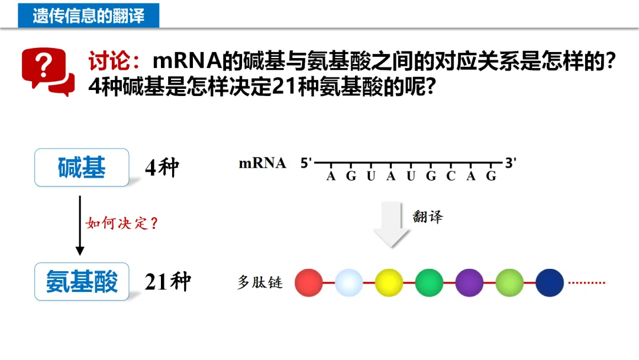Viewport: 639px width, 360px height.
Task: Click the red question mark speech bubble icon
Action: click(47, 72)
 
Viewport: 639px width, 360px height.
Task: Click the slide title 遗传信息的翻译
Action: click(88, 15)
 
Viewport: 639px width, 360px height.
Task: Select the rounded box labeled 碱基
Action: click(82, 168)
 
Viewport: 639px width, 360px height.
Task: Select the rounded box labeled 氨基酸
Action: click(82, 281)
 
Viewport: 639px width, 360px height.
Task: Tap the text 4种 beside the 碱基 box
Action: click(162, 168)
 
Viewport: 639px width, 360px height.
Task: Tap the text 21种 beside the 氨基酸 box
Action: click(167, 282)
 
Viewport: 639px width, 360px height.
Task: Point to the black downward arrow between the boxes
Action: click(80, 225)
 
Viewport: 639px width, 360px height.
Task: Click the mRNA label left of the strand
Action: click(262, 163)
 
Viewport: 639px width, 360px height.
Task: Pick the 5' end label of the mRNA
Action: click(306, 163)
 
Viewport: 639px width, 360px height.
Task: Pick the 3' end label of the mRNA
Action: click(511, 162)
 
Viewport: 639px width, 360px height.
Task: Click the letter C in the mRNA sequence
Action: click(451, 176)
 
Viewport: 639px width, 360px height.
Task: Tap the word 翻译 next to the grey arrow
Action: click(428, 217)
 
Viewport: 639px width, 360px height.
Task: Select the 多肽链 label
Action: click(260, 282)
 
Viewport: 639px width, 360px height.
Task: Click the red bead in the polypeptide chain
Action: click(308, 282)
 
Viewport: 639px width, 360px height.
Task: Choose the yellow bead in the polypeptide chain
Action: click(389, 282)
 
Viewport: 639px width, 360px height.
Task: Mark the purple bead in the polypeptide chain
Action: click(469, 282)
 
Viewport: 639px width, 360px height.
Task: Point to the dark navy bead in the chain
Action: click(550, 282)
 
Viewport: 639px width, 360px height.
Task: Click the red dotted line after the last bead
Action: click(587, 282)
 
